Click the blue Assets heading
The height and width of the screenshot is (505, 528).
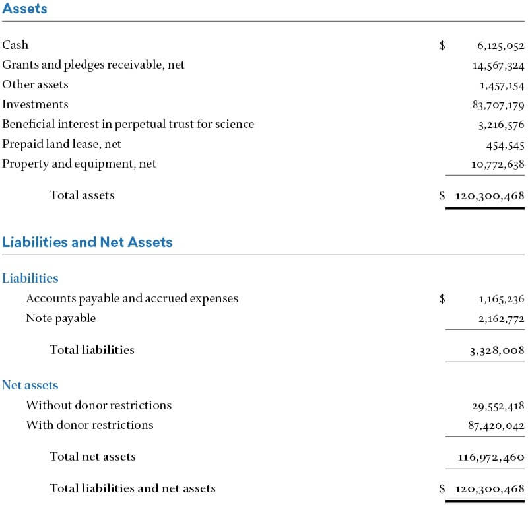pyautogui.click(x=24, y=8)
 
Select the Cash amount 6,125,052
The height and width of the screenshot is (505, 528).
pyautogui.click(x=501, y=46)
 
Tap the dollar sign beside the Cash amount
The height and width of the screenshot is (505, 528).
pyautogui.click(x=442, y=45)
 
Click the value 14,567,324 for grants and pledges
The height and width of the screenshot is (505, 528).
pyautogui.click(x=498, y=65)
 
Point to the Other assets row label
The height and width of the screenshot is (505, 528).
pyautogui.click(x=35, y=84)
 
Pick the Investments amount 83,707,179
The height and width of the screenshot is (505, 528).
pyautogui.click(x=498, y=105)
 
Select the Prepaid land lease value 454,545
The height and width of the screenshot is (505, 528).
pyautogui.click(x=505, y=145)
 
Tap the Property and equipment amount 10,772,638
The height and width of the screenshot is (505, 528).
pyautogui.click(x=498, y=164)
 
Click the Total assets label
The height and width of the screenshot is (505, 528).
pyautogui.click(x=82, y=195)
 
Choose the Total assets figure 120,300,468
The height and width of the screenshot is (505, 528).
pyautogui.click(x=490, y=196)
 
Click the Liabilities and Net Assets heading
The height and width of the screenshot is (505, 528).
pyautogui.click(x=87, y=242)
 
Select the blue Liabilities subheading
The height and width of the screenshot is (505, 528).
pyautogui.click(x=30, y=279)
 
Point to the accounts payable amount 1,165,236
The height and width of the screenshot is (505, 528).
pyautogui.click(x=502, y=299)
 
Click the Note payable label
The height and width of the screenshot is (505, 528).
pyautogui.click(x=61, y=318)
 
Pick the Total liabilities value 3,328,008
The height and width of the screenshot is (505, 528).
pyautogui.click(x=497, y=351)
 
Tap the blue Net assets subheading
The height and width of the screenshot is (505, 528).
pyautogui.click(x=30, y=385)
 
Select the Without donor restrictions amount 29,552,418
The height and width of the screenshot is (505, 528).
pyautogui.click(x=498, y=406)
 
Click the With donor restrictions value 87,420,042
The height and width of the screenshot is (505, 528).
pyautogui.click(x=496, y=426)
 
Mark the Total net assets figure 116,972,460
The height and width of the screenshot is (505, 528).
pyautogui.click(x=491, y=457)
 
